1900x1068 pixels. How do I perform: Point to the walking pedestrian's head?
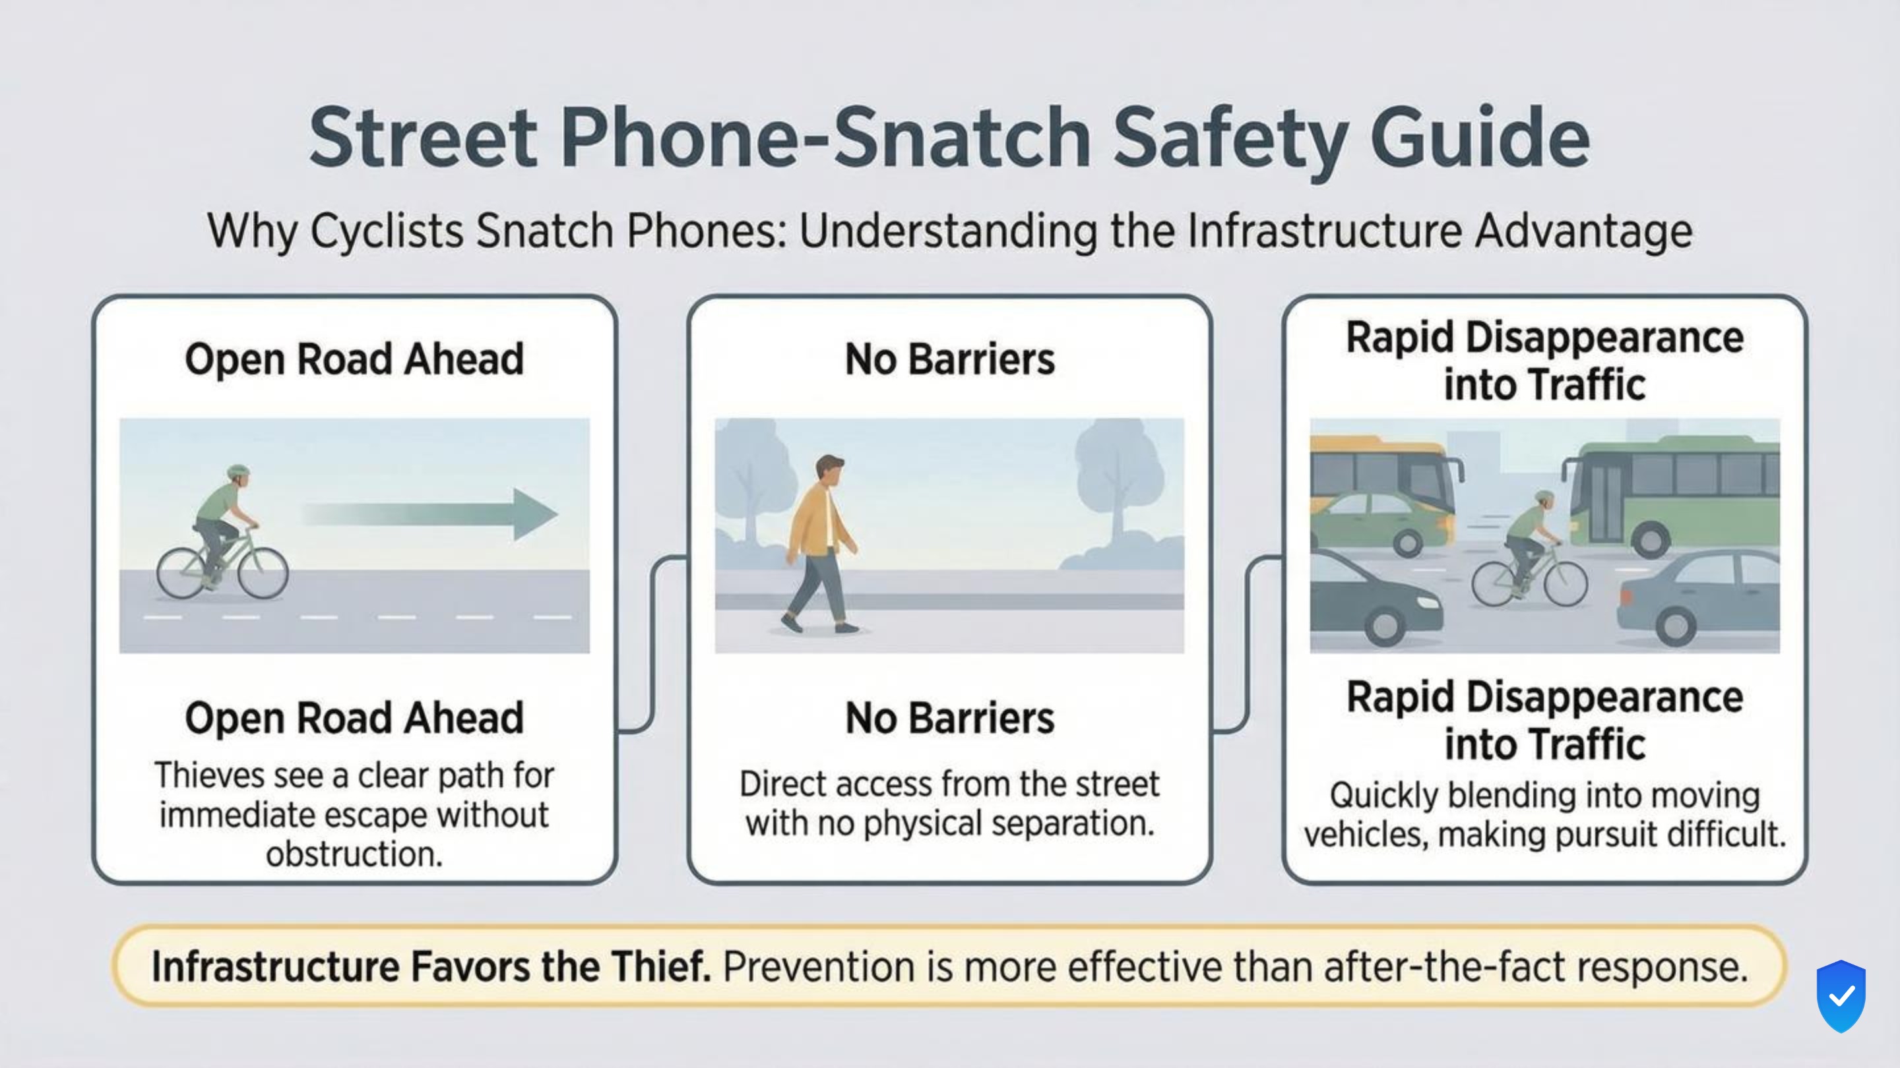click(831, 470)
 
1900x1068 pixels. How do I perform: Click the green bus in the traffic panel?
click(1674, 494)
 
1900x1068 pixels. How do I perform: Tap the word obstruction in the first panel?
click(354, 854)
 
